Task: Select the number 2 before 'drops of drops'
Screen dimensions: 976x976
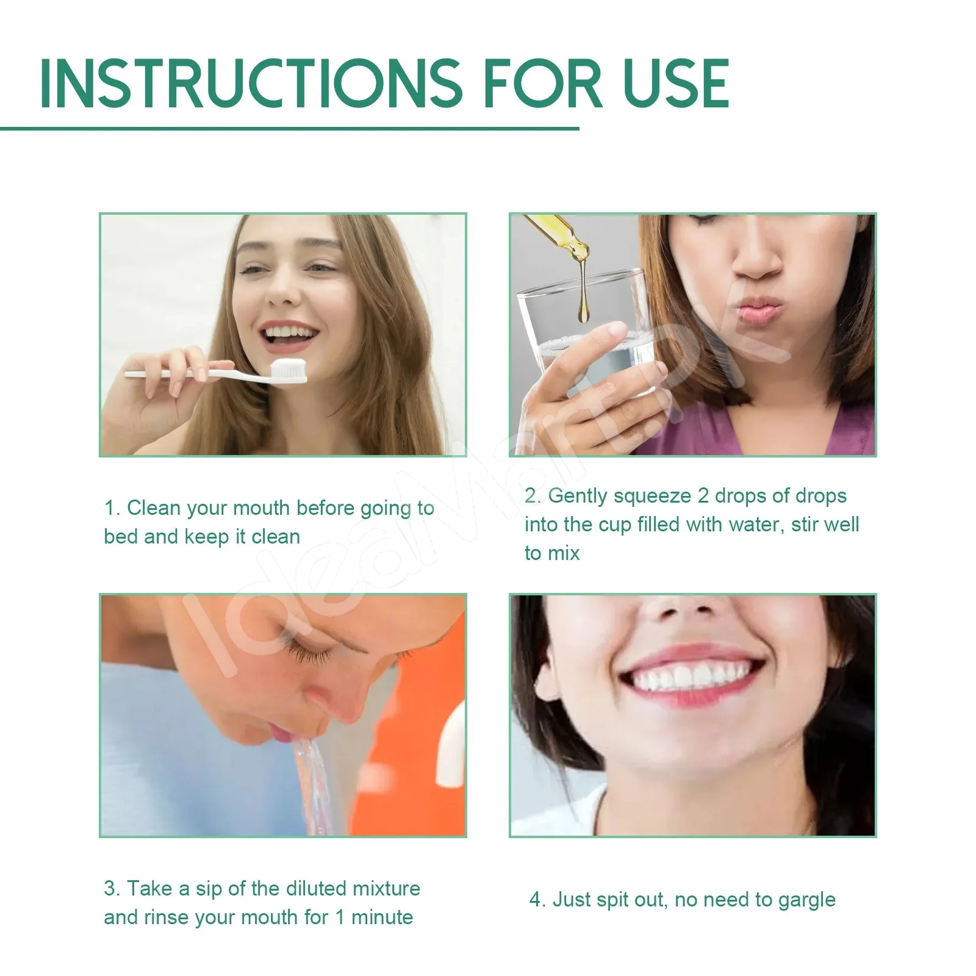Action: [703, 496]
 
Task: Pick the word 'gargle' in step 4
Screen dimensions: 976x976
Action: [806, 900]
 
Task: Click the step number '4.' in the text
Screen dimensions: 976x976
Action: [537, 900]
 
